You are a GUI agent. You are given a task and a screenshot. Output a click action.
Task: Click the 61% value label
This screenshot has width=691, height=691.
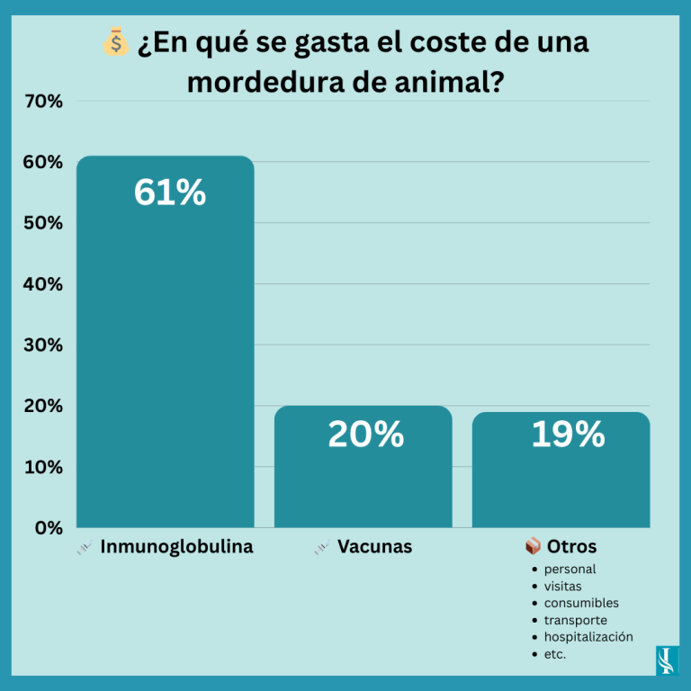point(170,193)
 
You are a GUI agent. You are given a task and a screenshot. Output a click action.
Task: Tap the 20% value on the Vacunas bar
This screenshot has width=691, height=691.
point(365,435)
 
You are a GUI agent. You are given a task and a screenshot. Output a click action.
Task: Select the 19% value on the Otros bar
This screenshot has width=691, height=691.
point(568,435)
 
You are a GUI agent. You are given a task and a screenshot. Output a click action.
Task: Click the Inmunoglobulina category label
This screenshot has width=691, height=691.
point(176,546)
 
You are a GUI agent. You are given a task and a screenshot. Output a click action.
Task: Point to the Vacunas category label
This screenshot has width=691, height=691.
point(374,546)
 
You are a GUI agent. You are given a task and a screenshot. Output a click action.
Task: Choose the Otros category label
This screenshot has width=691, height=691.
point(571,546)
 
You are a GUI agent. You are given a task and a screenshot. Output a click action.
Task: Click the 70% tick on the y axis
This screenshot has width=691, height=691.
point(43,102)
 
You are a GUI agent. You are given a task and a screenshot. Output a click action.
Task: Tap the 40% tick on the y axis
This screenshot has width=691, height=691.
point(43,284)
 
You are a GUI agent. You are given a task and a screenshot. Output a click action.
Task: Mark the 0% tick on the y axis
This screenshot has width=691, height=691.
point(48,527)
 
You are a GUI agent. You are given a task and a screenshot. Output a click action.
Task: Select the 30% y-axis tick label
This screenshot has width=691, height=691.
point(43,345)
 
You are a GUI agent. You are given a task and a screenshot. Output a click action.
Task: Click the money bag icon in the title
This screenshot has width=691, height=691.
point(116,42)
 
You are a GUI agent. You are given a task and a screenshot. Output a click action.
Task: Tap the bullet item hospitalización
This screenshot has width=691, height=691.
point(588,637)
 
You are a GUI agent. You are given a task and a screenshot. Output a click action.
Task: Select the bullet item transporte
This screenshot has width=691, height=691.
point(575,620)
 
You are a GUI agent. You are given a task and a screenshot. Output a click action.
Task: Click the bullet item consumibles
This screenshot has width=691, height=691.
point(581,603)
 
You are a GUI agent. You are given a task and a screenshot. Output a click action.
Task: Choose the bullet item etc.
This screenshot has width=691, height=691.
point(555,654)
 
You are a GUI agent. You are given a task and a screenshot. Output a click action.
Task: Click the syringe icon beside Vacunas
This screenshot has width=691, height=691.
point(322,547)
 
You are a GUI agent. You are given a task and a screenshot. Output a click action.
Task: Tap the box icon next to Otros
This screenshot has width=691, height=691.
point(533,546)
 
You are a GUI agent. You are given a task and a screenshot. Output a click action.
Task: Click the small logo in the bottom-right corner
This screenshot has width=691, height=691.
point(666,659)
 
